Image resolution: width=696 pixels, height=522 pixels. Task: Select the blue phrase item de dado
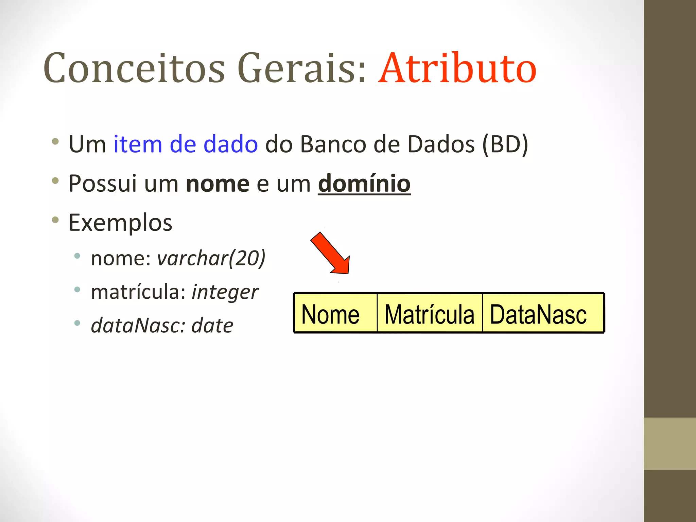point(185,144)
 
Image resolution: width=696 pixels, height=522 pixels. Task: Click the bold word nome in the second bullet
point(217,184)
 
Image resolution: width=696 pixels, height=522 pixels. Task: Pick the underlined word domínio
point(364,184)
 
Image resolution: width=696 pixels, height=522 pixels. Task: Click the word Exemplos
point(120,223)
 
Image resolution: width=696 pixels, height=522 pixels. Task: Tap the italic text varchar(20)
point(211,258)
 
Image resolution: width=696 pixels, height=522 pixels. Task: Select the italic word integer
point(225,292)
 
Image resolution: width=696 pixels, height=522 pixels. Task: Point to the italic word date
point(212,326)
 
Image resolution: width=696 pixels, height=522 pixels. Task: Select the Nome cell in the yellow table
point(335,313)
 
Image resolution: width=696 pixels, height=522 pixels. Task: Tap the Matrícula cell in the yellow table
point(430,313)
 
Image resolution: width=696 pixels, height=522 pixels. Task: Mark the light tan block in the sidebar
point(669,443)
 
